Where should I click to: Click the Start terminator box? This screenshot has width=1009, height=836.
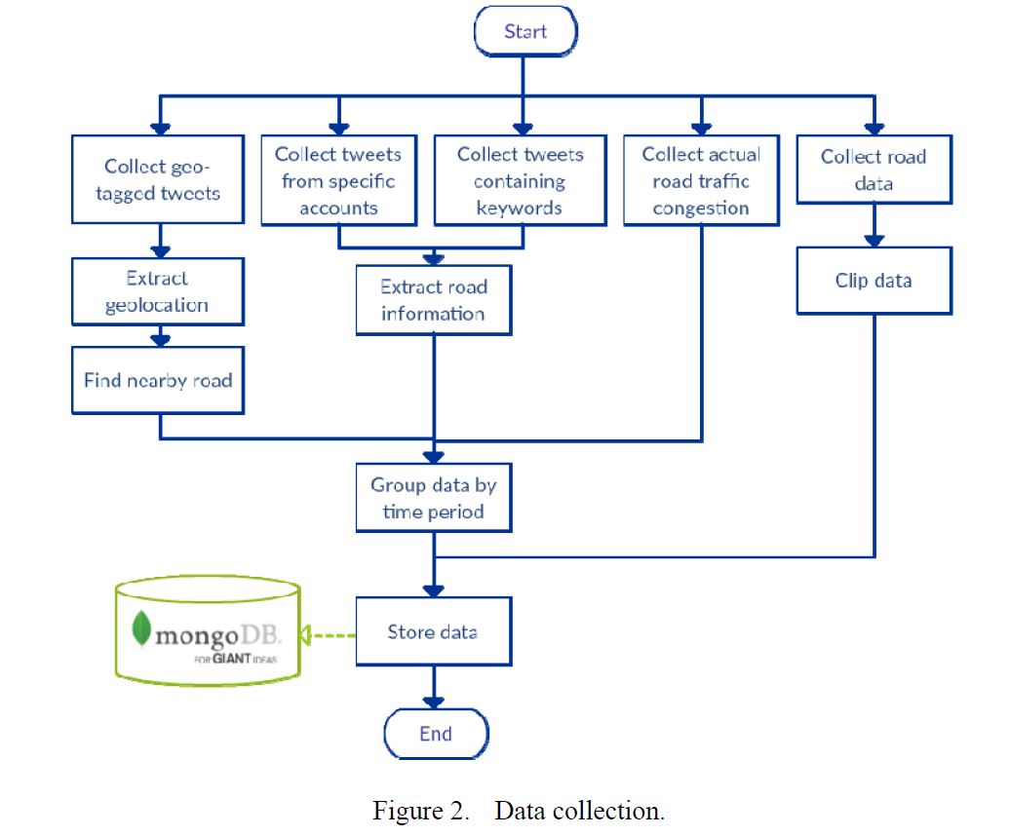(x=525, y=32)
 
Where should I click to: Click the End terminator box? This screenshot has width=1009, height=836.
(x=436, y=734)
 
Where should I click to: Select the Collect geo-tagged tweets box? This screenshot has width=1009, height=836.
(x=163, y=179)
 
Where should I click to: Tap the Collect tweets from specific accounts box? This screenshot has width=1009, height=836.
(x=338, y=180)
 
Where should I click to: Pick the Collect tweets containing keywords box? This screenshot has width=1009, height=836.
(x=520, y=180)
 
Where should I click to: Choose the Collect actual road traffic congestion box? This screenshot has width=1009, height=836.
(x=701, y=180)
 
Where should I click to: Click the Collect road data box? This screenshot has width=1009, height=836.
(x=873, y=170)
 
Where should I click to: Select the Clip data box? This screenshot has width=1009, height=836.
(x=873, y=281)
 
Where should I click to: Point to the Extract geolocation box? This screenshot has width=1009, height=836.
(x=157, y=291)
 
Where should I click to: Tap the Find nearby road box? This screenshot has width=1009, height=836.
(x=157, y=379)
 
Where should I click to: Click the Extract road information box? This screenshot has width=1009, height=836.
(x=434, y=300)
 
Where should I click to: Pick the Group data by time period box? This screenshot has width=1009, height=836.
(x=434, y=497)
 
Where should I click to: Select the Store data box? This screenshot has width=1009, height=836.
(x=434, y=631)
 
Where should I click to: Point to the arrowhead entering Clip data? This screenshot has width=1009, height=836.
(x=874, y=241)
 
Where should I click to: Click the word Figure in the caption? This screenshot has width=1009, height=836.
(x=402, y=811)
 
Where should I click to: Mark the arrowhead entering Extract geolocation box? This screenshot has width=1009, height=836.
(x=162, y=251)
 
